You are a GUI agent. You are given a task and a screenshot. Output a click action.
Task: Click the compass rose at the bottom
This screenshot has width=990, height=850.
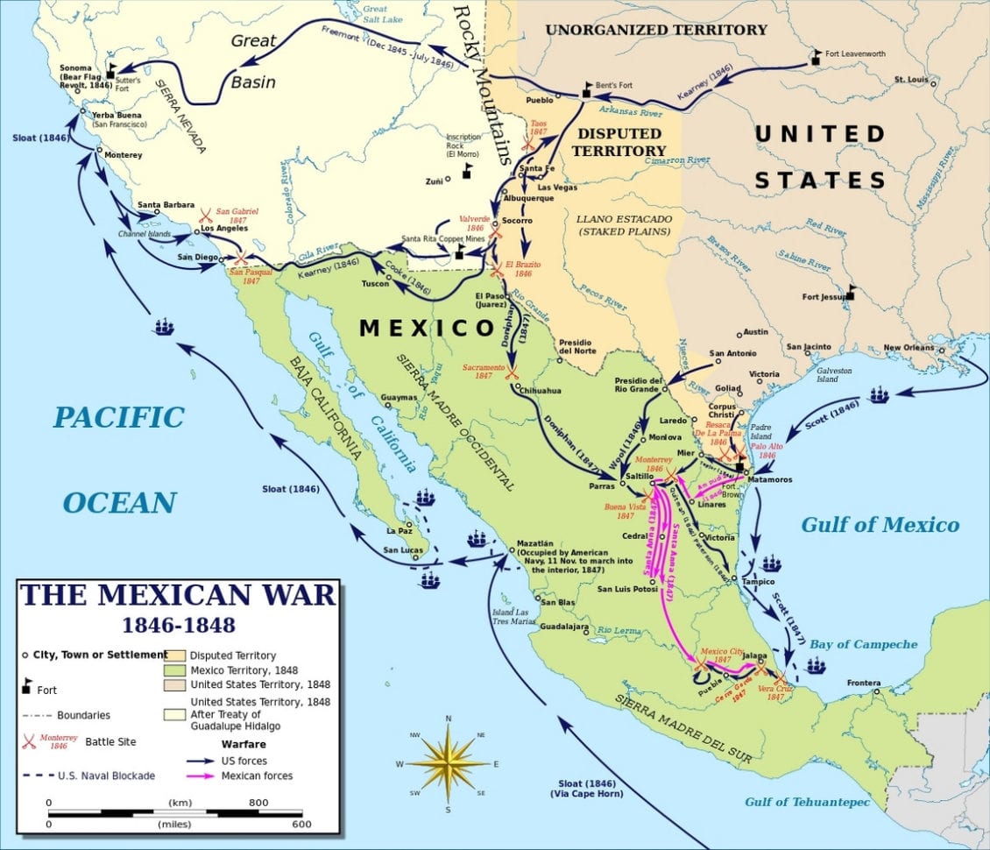click(x=448, y=762)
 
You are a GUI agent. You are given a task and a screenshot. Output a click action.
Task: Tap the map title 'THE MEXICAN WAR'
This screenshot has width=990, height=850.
click(x=178, y=595)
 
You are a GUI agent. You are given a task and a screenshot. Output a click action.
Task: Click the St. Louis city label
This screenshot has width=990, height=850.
click(x=911, y=80)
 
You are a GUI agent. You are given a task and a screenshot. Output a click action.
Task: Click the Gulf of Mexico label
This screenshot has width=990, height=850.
click(x=880, y=525)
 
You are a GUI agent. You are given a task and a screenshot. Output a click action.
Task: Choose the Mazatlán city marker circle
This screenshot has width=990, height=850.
click(x=512, y=550)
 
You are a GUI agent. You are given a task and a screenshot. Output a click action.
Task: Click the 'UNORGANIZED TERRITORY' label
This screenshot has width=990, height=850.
click(x=656, y=30)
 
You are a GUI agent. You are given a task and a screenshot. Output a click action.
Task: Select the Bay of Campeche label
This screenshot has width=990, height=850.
click(x=863, y=644)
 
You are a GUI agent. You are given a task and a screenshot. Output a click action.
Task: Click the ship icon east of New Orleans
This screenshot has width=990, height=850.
click(x=879, y=394)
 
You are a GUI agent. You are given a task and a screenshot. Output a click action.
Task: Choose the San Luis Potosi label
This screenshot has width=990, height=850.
click(x=627, y=589)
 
